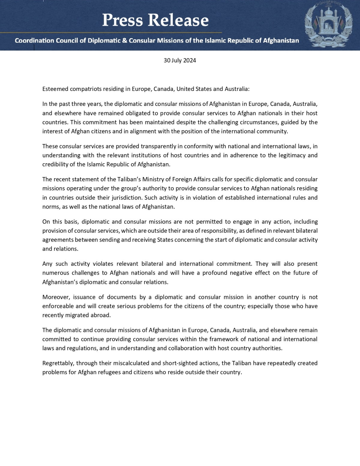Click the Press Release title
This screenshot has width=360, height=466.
click(155, 20)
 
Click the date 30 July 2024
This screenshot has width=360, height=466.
click(180, 60)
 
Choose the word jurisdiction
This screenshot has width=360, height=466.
click(127, 197)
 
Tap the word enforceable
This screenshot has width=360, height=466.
click(58, 306)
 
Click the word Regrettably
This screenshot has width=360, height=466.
click(57, 363)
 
